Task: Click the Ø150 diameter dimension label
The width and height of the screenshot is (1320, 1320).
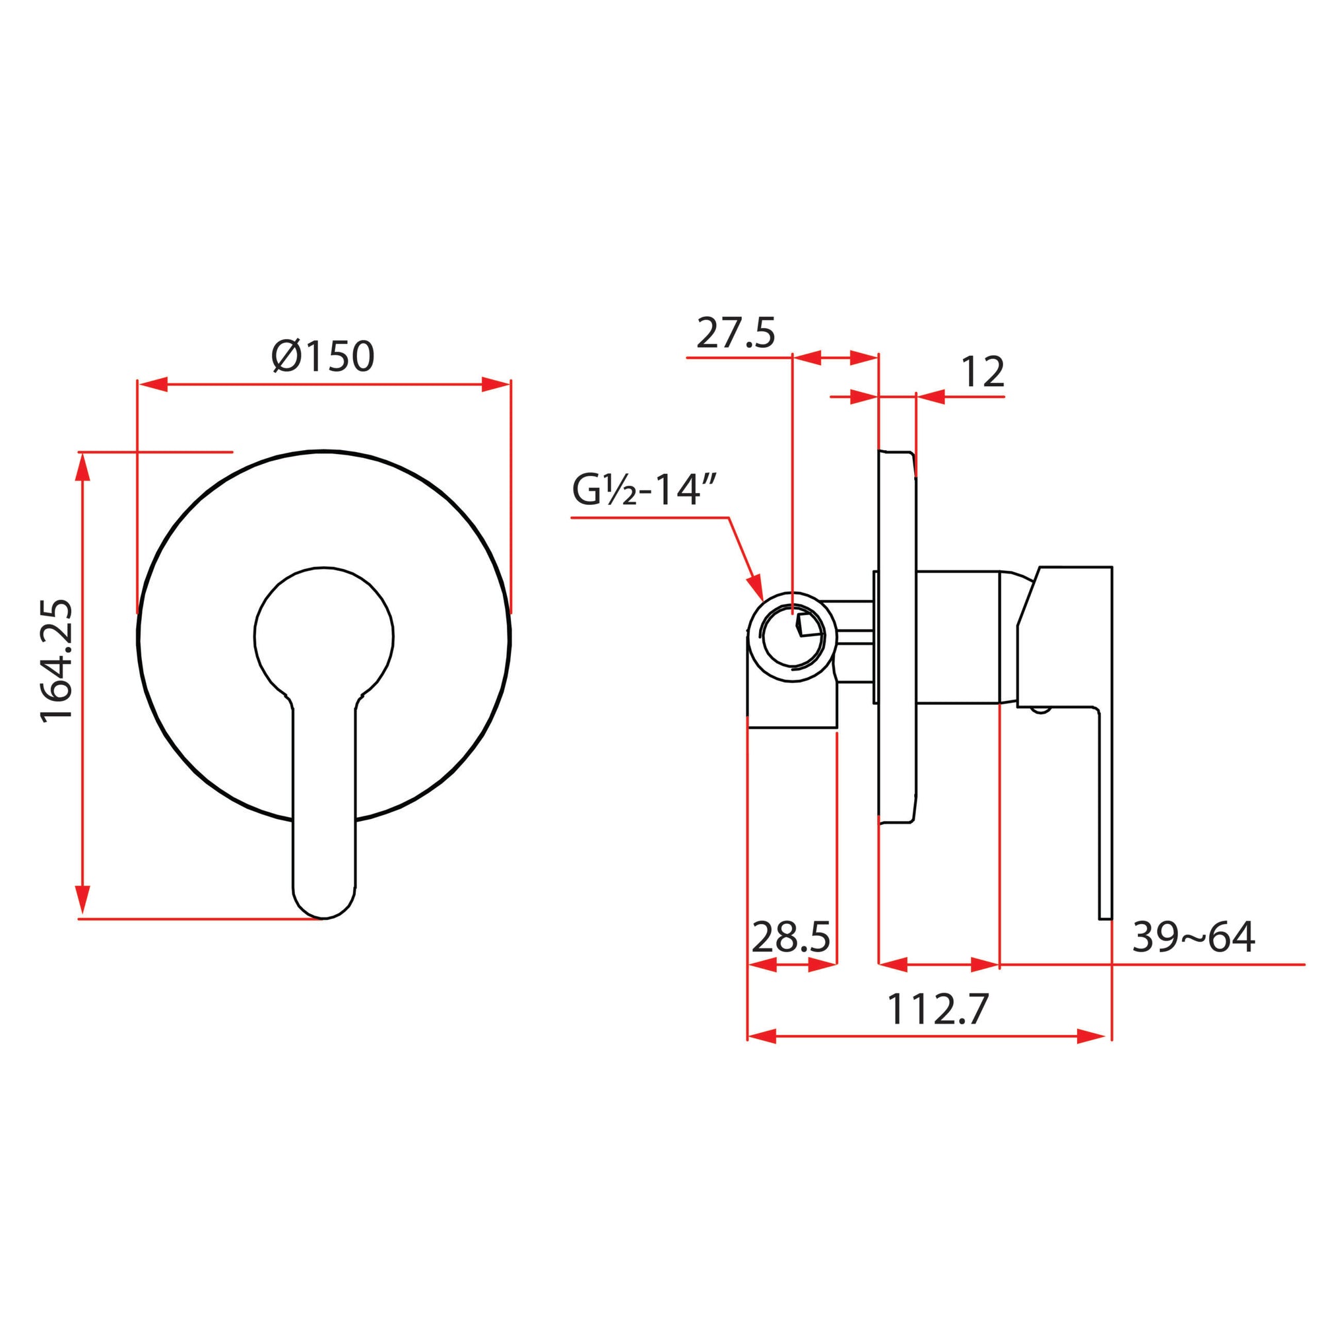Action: pos(323,356)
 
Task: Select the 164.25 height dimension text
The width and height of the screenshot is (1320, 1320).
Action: pos(57,661)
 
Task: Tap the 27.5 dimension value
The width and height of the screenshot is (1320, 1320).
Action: pos(736,334)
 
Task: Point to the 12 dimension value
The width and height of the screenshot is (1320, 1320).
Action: pos(983,372)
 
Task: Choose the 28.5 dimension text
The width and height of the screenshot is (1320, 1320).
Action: pos(791,937)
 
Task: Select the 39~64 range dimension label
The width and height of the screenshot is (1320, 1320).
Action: pos(1193,937)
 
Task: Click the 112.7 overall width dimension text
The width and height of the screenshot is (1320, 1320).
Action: pos(937,1009)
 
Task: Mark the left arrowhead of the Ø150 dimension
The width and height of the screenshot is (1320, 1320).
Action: pos(153,385)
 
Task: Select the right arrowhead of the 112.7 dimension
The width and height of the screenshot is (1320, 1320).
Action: pos(1090,1036)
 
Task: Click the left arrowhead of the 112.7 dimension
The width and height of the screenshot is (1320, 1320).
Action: pos(763,1036)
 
